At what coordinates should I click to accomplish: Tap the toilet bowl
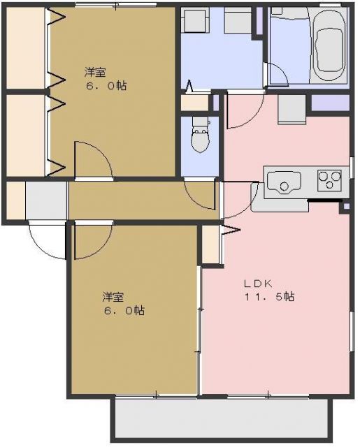point(201,137)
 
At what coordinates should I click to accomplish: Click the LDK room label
point(257,284)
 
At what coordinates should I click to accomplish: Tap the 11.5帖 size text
point(268,297)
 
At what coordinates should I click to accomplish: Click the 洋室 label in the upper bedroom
point(96,72)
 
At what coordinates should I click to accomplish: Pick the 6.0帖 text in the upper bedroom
point(107,86)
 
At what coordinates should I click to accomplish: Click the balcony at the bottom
point(221,419)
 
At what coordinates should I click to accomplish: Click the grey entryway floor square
point(46,200)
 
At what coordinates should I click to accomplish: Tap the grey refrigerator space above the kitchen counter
point(291,108)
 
